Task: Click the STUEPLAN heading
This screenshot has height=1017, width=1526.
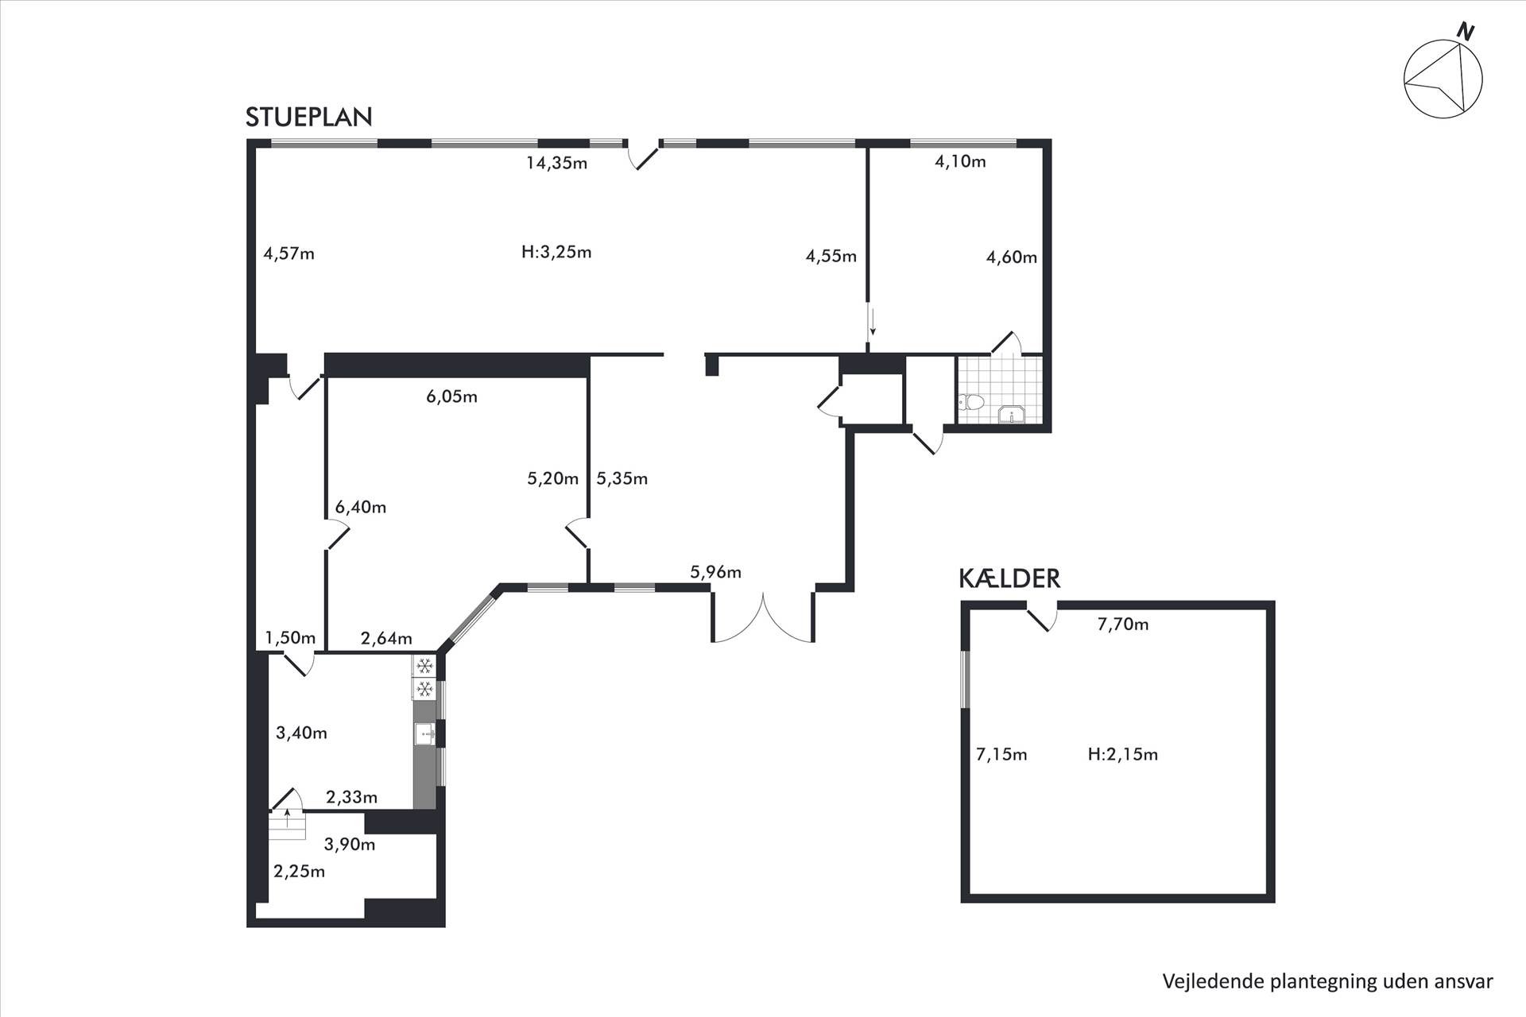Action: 308,117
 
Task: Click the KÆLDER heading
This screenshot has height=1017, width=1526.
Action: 1009,578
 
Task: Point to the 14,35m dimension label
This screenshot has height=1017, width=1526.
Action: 556,164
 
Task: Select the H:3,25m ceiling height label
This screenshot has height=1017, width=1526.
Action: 556,253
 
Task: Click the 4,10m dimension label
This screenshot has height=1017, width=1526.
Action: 960,162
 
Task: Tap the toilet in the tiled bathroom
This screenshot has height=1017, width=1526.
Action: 972,402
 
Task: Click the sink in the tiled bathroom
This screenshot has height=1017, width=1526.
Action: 1012,415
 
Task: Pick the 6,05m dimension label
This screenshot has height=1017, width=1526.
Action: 451,396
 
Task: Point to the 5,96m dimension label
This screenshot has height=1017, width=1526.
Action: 715,572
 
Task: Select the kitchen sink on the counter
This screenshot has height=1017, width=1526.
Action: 424,733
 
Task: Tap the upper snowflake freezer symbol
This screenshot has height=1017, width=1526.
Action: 424,665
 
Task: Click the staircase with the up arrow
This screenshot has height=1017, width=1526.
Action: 287,824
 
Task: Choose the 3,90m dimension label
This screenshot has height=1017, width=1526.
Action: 350,845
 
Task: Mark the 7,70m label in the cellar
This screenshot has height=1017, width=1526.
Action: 1123,625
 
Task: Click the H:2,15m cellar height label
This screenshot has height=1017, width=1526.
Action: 1122,755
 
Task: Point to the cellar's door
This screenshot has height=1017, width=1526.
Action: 1043,617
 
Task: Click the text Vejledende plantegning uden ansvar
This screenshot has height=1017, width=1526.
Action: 1327,982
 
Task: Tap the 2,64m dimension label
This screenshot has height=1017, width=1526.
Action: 386,639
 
